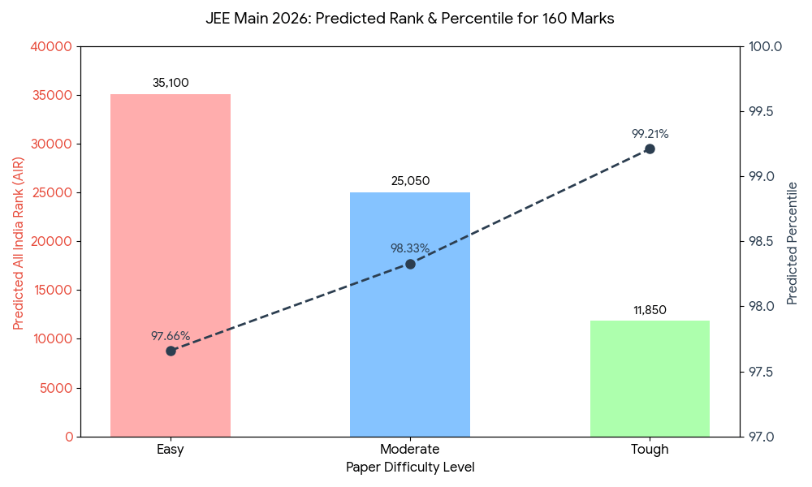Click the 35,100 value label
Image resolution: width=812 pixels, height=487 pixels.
click(171, 83)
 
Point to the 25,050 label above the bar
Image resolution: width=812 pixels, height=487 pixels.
click(410, 181)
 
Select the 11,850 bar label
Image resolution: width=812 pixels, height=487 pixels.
click(650, 310)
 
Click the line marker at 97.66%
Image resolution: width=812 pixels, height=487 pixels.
click(171, 351)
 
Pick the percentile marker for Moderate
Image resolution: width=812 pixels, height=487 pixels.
click(410, 264)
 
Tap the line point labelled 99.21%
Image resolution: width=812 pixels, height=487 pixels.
click(650, 149)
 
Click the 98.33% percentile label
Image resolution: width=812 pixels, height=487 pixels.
click(410, 248)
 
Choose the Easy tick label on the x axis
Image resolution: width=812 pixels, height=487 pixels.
click(171, 450)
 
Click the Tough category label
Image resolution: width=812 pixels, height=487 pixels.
click(650, 450)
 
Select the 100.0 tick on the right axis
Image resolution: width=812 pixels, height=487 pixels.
click(764, 47)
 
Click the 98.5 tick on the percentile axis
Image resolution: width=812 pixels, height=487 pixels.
click(764, 242)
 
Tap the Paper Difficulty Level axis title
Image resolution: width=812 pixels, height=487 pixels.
click(410, 468)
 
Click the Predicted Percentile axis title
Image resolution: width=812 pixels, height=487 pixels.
click(793, 243)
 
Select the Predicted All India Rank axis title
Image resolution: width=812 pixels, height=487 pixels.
click(19, 242)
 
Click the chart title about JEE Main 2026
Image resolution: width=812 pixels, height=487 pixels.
click(410, 19)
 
